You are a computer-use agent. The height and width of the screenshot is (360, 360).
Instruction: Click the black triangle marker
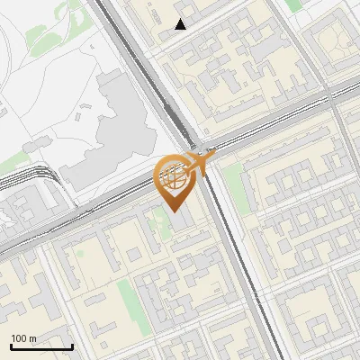[181, 24]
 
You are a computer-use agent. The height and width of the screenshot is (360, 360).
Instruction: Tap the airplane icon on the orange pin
[200, 162]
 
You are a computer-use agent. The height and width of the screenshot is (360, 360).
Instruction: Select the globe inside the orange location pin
[173, 175]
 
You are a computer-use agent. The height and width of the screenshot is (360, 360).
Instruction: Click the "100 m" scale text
[23, 338]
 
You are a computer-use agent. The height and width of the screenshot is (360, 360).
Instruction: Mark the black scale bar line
[41, 346]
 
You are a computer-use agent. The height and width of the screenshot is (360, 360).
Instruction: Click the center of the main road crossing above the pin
[192, 146]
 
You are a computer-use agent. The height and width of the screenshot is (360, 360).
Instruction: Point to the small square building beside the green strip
[135, 255]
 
